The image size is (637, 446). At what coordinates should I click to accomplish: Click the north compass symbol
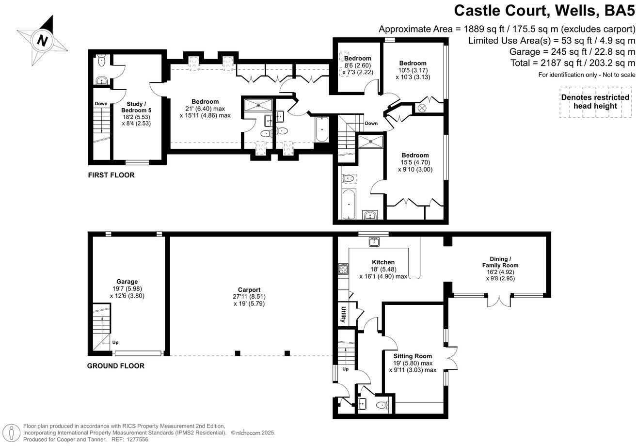click(x=43, y=41)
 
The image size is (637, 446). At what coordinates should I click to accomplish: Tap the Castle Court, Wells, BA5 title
click(x=544, y=11)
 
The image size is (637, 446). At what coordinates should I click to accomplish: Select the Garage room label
click(x=127, y=282)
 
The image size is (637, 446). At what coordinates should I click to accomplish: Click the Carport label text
click(x=250, y=289)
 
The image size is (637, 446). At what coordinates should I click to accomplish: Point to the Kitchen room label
click(x=383, y=262)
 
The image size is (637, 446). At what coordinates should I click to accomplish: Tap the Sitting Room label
click(x=413, y=356)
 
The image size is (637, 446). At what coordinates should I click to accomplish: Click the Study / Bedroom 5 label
click(x=133, y=107)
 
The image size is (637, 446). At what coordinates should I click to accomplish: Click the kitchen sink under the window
click(x=374, y=240)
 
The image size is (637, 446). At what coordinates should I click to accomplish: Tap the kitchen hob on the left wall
click(x=343, y=269)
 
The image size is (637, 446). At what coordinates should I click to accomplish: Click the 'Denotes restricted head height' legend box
click(x=595, y=102)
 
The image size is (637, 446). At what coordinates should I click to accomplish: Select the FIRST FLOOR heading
click(x=111, y=175)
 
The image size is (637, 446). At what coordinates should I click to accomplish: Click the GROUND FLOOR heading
click(x=115, y=366)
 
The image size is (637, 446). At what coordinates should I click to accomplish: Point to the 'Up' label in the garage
click(x=115, y=342)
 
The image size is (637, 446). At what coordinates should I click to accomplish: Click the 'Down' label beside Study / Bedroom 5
click(x=101, y=103)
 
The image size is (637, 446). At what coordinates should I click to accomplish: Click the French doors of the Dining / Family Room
click(x=499, y=300)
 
